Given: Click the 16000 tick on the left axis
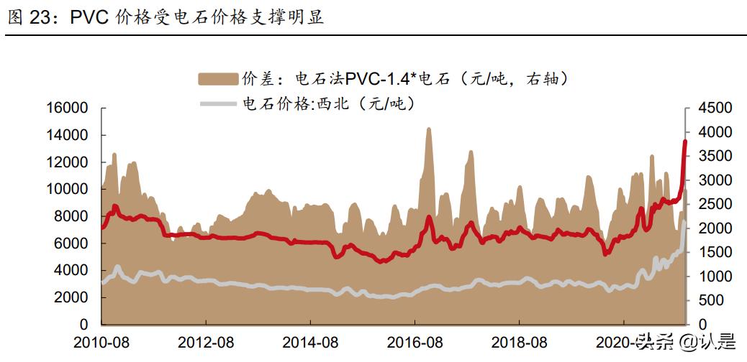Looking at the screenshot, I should pos(67,108).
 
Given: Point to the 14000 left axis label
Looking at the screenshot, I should pos(67,135).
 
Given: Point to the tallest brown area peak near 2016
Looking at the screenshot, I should pos(429,129).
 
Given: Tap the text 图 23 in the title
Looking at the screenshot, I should pos(28,18).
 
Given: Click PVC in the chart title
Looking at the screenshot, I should pos(89,18).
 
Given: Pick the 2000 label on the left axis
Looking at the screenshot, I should pos(71,297).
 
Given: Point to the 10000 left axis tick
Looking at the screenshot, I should pos(67,189).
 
